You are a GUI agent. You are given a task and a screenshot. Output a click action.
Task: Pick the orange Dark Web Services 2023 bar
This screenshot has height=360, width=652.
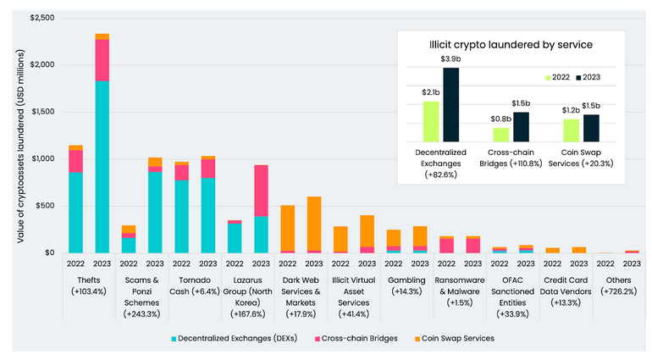pyautogui.click(x=313, y=224)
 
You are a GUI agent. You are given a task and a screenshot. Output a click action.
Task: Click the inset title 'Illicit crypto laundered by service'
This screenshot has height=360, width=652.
pyautogui.click(x=510, y=43)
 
